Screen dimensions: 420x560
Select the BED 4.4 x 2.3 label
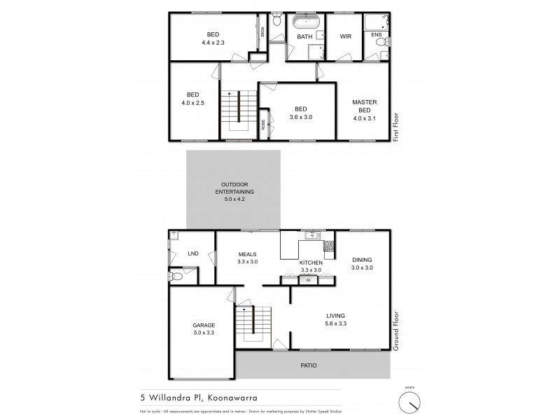[x=212, y=38]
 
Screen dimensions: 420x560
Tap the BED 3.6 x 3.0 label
[x=300, y=113]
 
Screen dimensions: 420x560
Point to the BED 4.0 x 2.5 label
[x=192, y=99]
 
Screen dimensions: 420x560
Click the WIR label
[x=345, y=36]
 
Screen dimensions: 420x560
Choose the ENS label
[x=376, y=34]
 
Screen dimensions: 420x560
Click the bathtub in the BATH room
[x=305, y=20]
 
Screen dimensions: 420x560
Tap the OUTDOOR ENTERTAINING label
[x=233, y=191]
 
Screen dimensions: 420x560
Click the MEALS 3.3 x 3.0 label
[x=247, y=258]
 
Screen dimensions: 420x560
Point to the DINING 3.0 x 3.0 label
[x=363, y=262]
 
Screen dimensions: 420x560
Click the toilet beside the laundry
[x=177, y=277]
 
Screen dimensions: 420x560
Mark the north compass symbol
[x=410, y=402]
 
